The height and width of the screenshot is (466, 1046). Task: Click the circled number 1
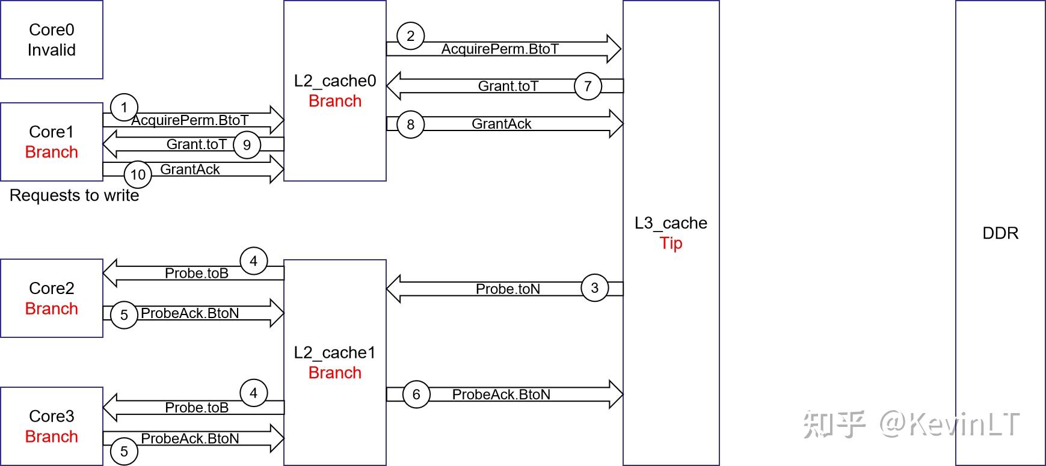pos(125,108)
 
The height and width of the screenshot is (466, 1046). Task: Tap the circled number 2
pos(411,36)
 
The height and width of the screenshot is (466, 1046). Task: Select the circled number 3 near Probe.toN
pos(595,287)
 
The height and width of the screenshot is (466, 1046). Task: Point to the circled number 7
pos(588,86)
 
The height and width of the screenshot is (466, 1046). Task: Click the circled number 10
pos(138,175)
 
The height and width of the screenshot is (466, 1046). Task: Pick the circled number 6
pos(416,394)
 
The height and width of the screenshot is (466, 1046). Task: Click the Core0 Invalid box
pos(52,40)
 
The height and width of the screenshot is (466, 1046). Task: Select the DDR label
pos(1000,233)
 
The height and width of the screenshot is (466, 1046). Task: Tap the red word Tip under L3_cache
pos(671,243)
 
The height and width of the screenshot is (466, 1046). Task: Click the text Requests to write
pos(75,195)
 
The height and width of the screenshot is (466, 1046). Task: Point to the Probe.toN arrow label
pos(508,289)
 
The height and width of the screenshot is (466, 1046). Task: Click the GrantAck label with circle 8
pos(501,124)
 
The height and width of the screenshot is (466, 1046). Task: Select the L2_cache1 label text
pos(334,352)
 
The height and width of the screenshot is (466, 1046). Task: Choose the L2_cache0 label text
pos(334,81)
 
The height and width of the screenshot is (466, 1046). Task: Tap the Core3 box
pos(52,426)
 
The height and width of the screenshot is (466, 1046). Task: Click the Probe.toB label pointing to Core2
pos(197,273)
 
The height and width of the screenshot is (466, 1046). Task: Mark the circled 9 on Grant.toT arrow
pos(247,145)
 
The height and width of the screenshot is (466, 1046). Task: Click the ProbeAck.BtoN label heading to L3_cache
pos(501,394)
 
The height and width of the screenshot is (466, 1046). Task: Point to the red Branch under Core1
pos(52,152)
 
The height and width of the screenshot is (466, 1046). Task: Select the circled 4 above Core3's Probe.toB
pos(254,393)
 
